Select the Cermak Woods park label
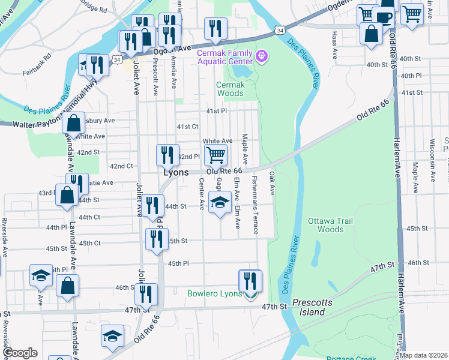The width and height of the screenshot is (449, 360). (x=231, y=89)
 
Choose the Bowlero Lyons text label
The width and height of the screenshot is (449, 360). (x=214, y=294)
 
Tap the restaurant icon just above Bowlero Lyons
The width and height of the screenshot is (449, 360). (x=250, y=281)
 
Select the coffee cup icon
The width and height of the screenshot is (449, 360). (x=384, y=16)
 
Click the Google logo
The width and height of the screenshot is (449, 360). (x=20, y=353)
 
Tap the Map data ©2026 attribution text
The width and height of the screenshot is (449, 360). (x=423, y=355)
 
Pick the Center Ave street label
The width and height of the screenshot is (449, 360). (x=201, y=197)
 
